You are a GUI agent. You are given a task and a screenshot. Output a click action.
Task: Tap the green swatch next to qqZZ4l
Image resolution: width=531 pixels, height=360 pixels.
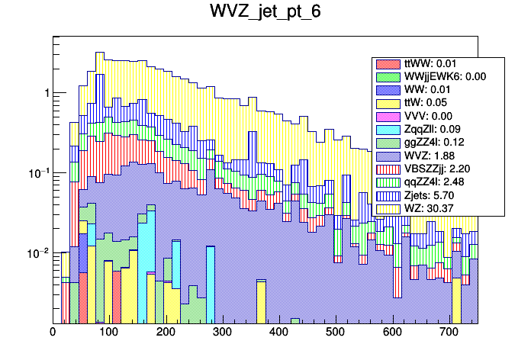click(x=390, y=182)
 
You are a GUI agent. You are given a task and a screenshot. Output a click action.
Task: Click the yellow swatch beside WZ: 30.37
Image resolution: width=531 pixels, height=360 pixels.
click(x=390, y=208)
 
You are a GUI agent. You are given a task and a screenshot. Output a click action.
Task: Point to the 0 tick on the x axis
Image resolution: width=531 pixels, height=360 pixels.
click(x=53, y=333)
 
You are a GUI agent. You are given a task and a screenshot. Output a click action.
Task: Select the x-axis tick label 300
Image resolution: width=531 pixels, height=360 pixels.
click(x=222, y=333)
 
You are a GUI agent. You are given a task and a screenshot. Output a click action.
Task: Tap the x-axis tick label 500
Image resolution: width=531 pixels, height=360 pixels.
click(x=335, y=333)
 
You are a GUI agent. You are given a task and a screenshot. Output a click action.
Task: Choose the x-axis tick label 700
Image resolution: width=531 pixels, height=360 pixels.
click(x=449, y=333)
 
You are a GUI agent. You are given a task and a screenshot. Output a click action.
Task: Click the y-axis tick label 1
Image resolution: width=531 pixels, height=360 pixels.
click(x=47, y=93)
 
